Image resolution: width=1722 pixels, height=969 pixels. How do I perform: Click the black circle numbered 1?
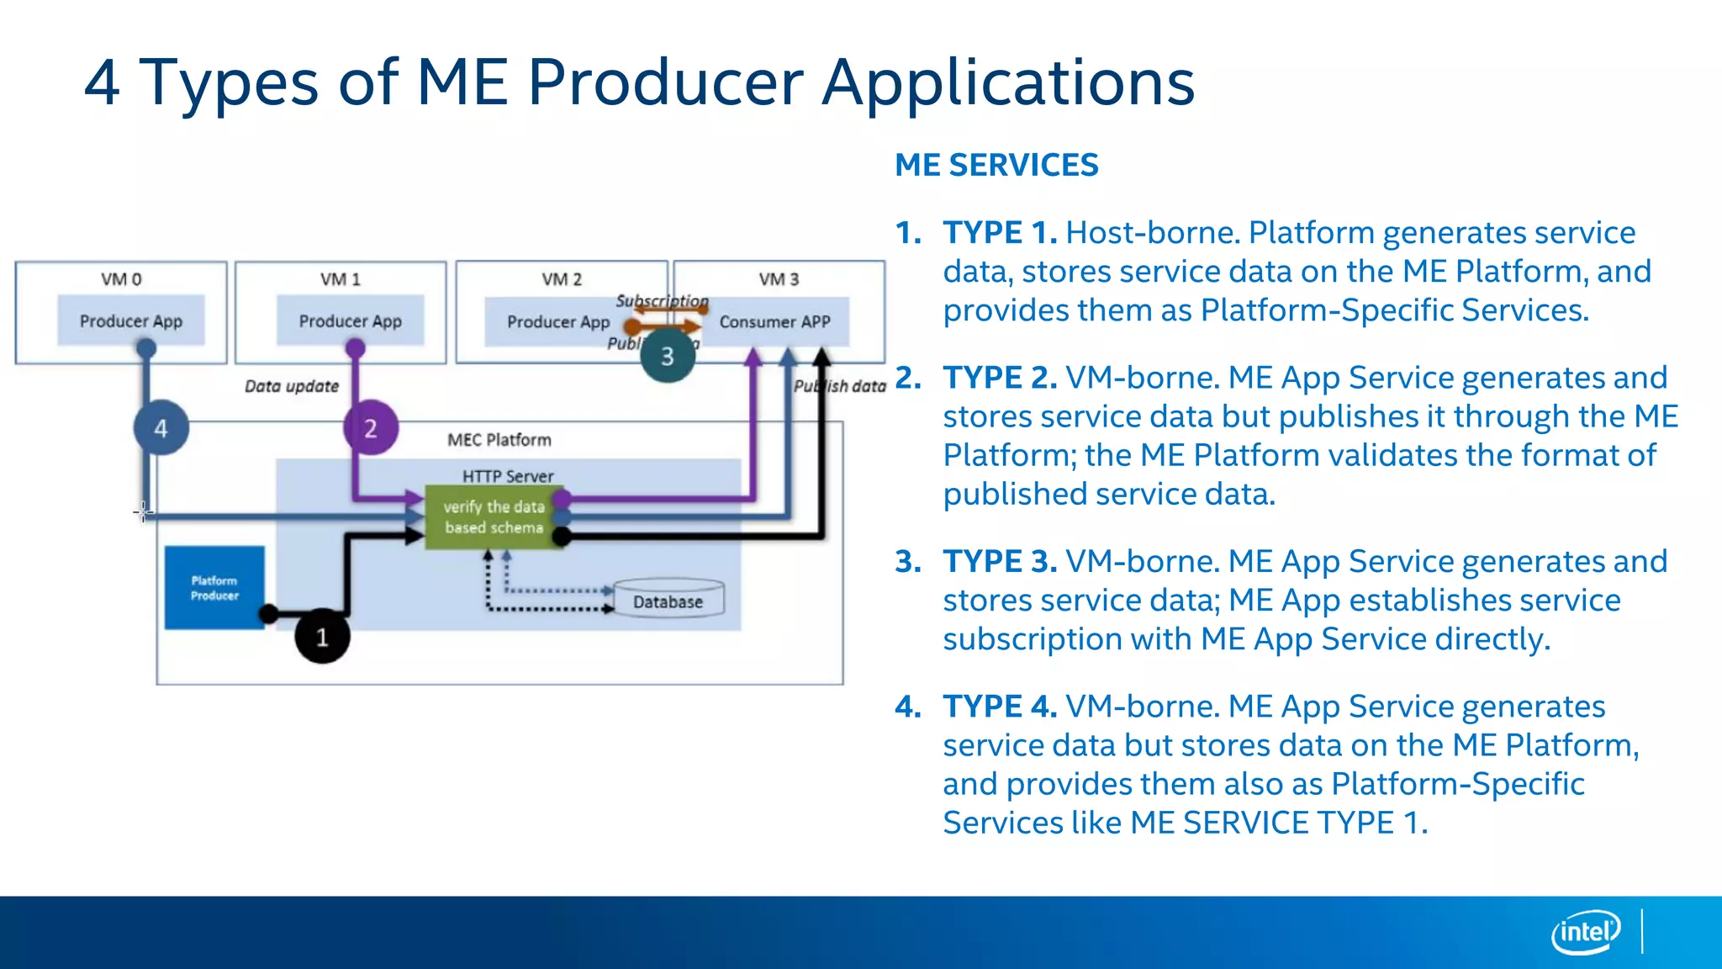[x=322, y=637]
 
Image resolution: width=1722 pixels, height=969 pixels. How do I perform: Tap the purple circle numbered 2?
[x=371, y=428]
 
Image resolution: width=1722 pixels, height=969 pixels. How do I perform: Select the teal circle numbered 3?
[x=668, y=356]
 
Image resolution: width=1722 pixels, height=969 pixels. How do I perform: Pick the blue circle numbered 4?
[x=161, y=428]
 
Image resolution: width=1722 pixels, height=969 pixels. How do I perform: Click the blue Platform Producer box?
[x=214, y=587]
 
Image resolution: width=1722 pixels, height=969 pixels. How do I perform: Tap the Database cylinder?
[x=668, y=601]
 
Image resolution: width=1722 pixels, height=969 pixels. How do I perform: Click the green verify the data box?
[x=494, y=516]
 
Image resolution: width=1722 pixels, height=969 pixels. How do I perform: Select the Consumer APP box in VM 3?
[x=774, y=321]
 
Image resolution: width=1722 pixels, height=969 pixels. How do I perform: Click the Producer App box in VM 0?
[x=131, y=320]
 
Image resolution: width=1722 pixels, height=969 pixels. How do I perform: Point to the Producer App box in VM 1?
[x=351, y=320]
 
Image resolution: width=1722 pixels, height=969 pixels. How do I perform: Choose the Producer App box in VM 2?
[x=557, y=321]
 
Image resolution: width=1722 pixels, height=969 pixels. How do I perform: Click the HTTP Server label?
[x=508, y=476]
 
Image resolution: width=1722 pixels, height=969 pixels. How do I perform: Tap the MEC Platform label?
[x=499, y=440]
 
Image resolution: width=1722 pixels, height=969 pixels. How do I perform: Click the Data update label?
[x=292, y=386]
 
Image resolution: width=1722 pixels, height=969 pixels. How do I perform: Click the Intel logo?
[x=1586, y=932]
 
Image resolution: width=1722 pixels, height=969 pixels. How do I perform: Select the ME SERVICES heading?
[x=996, y=165]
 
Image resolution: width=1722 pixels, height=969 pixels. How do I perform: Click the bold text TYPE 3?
[x=1000, y=561]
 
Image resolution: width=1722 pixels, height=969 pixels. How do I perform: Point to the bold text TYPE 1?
[x=1000, y=232]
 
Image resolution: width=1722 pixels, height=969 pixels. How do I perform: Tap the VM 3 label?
[x=779, y=279]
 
